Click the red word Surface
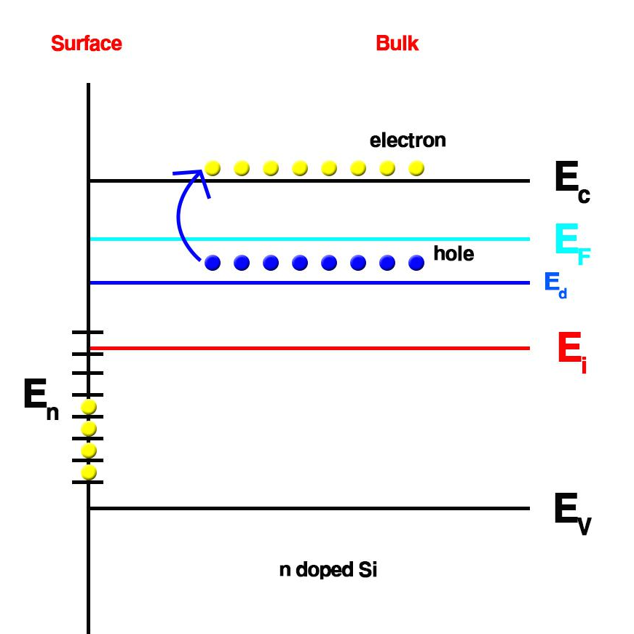click(x=86, y=44)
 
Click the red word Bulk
click(x=397, y=44)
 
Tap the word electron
click(x=408, y=140)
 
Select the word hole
click(x=453, y=254)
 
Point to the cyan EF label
click(x=571, y=241)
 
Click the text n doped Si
click(x=328, y=570)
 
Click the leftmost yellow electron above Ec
click(x=213, y=168)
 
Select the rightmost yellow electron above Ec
click(x=416, y=168)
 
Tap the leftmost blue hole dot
click(x=213, y=263)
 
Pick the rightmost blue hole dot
click(x=416, y=263)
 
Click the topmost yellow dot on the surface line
click(x=89, y=406)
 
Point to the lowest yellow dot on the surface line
click(x=89, y=473)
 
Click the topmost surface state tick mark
click(x=88, y=332)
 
